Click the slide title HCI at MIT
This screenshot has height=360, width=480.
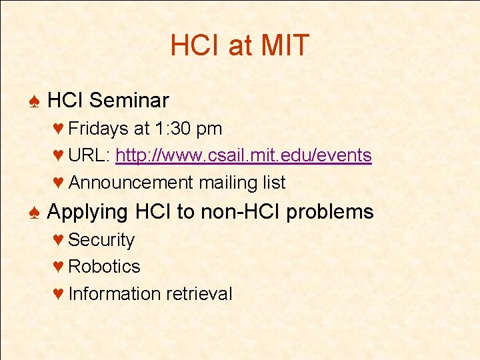(240, 45)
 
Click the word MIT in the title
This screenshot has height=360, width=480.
(285, 45)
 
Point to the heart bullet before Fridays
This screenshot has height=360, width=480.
(58, 128)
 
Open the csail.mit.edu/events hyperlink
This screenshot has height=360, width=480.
(243, 155)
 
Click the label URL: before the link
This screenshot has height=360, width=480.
(89, 155)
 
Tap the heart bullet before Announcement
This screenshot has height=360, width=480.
(58, 183)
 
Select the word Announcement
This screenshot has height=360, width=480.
(131, 183)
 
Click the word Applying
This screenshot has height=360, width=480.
(87, 213)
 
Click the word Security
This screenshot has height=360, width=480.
(101, 239)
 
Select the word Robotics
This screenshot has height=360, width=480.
(104, 266)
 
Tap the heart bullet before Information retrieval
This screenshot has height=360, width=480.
(58, 294)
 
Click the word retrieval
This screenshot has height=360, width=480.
(199, 293)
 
